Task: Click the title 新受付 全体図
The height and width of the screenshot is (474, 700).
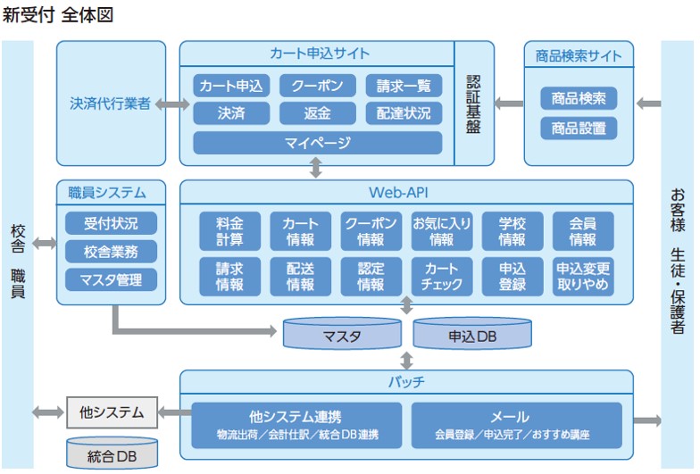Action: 58,15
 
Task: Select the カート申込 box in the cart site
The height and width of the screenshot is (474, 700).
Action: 231,86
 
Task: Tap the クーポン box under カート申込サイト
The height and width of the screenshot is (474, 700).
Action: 317,86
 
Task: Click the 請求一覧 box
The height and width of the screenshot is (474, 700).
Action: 404,86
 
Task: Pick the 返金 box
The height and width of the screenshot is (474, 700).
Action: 317,113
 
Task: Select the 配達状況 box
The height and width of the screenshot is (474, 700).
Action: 404,113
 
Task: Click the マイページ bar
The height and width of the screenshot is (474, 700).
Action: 317,143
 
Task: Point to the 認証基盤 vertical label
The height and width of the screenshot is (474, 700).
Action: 473,103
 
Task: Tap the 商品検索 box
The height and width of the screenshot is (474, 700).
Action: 579,98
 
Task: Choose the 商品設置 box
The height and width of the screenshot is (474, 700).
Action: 579,128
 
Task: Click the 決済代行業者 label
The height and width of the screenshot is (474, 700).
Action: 110,104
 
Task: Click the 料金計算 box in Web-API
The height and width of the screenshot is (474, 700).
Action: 229,230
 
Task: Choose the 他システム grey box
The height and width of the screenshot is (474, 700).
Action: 112,412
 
